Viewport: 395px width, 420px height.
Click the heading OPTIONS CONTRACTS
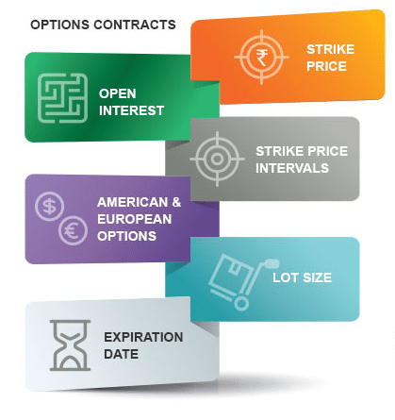click(x=103, y=25)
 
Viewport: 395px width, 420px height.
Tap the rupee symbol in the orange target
click(x=262, y=58)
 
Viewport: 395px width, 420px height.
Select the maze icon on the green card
click(x=62, y=98)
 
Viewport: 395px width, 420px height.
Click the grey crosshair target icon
click(x=217, y=159)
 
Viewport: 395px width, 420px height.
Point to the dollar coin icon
click(x=49, y=206)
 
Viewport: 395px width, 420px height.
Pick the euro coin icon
click(x=73, y=230)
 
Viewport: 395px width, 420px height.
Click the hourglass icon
click(x=70, y=345)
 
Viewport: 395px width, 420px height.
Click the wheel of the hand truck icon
click(x=241, y=304)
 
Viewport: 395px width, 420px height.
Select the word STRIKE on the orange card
click(x=330, y=49)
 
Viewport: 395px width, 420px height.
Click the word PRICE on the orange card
click(x=326, y=66)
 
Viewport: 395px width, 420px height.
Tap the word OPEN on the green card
click(x=118, y=93)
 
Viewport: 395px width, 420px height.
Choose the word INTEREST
click(x=131, y=110)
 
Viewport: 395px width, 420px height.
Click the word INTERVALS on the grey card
click(x=292, y=168)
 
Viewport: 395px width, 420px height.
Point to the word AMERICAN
click(x=132, y=202)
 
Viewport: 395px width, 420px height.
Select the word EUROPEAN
click(x=135, y=219)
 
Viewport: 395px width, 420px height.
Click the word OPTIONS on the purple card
click(x=126, y=236)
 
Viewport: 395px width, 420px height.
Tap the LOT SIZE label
click(x=302, y=277)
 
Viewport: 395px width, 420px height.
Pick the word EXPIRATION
click(x=143, y=337)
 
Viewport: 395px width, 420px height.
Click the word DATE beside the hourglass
click(x=121, y=354)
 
